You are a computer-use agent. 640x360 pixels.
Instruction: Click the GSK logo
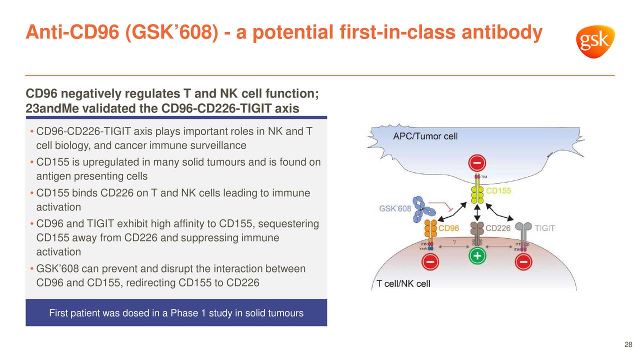[594, 42]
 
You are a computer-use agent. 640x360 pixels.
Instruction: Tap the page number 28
[628, 344]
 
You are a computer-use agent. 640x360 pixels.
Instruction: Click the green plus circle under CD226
[477, 256]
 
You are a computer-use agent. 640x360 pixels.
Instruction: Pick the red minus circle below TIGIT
[523, 262]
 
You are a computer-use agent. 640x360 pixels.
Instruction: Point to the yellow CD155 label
[498, 191]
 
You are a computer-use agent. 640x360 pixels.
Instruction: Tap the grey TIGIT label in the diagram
[544, 228]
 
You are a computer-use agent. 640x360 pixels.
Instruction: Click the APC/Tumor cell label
[425, 136]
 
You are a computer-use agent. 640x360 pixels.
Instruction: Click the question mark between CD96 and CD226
[454, 242]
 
